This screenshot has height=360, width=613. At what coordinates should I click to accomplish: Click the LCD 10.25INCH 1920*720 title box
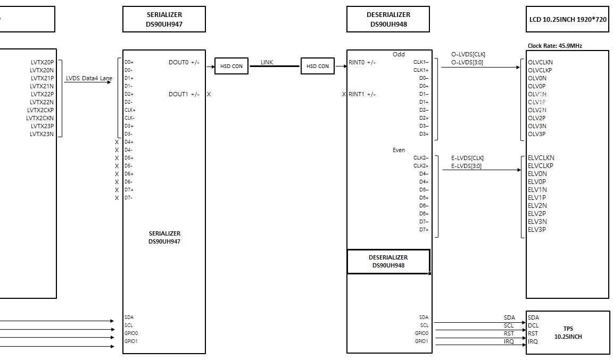567,19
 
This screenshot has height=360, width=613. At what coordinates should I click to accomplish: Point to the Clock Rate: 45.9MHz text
554,46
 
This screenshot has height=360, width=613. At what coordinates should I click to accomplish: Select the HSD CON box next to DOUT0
231,66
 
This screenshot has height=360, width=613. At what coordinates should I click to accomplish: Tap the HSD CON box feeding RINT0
318,66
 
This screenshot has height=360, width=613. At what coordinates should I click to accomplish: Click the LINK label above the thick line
267,63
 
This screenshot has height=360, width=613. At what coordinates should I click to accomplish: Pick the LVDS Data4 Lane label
89,78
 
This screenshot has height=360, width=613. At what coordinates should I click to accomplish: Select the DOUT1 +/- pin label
184,94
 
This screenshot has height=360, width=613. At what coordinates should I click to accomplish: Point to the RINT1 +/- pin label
362,94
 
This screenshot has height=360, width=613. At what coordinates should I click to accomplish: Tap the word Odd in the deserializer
399,54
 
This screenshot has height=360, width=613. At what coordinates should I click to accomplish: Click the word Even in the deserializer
399,150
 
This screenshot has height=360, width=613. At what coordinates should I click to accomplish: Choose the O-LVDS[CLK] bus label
468,54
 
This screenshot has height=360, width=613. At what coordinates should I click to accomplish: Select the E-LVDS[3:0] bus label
466,166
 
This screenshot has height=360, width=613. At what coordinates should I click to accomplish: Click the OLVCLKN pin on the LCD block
540,62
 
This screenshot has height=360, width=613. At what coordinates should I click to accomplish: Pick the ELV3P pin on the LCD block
537,230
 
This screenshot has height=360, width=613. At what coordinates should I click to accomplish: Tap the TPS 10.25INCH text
568,332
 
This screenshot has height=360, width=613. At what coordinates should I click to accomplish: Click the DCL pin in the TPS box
533,325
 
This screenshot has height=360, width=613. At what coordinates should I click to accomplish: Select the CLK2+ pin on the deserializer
421,166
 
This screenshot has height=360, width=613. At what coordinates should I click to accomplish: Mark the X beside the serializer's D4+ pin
117,142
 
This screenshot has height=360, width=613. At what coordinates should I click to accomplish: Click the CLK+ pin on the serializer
129,110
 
